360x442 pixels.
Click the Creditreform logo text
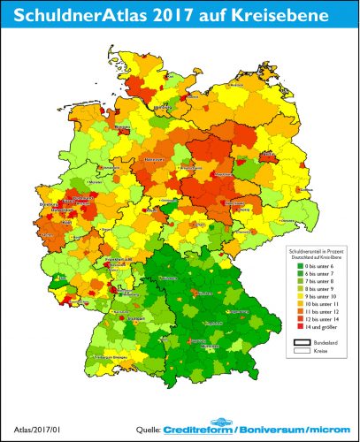(199, 431)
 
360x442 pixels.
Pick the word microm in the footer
(328, 431)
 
